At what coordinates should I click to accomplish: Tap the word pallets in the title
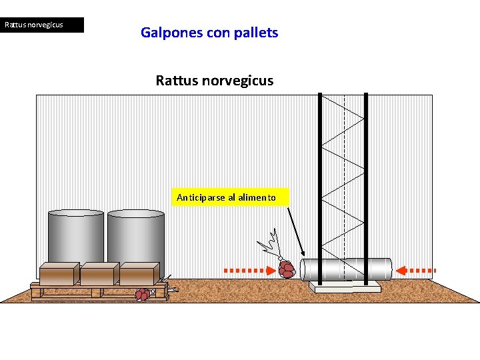[x=256, y=32]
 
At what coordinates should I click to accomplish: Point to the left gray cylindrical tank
[x=75, y=236]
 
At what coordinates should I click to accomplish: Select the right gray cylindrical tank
[x=137, y=236]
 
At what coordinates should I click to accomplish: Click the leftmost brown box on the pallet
[x=58, y=274]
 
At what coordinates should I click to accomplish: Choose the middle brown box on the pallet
[x=99, y=274]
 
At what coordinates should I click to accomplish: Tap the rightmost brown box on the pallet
[x=139, y=274]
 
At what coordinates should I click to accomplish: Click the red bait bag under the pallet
[x=143, y=294]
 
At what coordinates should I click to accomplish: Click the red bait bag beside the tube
[x=287, y=269]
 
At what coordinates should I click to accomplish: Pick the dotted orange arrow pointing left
[x=416, y=270]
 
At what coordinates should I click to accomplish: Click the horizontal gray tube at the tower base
[x=346, y=269]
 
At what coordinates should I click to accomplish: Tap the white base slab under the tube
[x=345, y=286]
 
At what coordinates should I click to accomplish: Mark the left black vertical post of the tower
[x=321, y=187]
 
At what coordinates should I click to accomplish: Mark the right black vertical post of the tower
[x=366, y=187]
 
